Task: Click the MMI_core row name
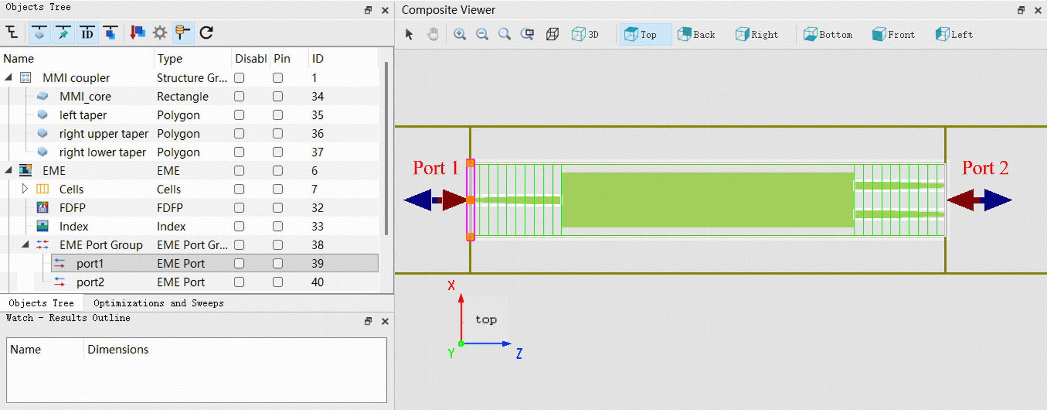pyautogui.click(x=85, y=96)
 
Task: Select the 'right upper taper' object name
pyautogui.click(x=104, y=134)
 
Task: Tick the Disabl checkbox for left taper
pyautogui.click(x=239, y=115)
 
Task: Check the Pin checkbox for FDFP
pyautogui.click(x=278, y=208)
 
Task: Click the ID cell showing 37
pyautogui.click(x=317, y=152)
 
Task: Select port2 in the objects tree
pyautogui.click(x=90, y=282)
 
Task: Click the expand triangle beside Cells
pyautogui.click(x=24, y=189)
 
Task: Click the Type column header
pyautogui.click(x=170, y=59)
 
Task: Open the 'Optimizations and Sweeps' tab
pyautogui.click(x=159, y=303)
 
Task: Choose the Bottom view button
pyautogui.click(x=828, y=35)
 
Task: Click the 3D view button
pyautogui.click(x=585, y=35)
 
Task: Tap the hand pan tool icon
pyautogui.click(x=433, y=35)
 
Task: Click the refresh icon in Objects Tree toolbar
pyautogui.click(x=207, y=32)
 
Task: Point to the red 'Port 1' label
pyautogui.click(x=436, y=168)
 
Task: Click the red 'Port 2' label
pyautogui.click(x=985, y=168)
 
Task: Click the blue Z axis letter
pyautogui.click(x=519, y=353)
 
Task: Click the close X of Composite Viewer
pyautogui.click(x=1038, y=10)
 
